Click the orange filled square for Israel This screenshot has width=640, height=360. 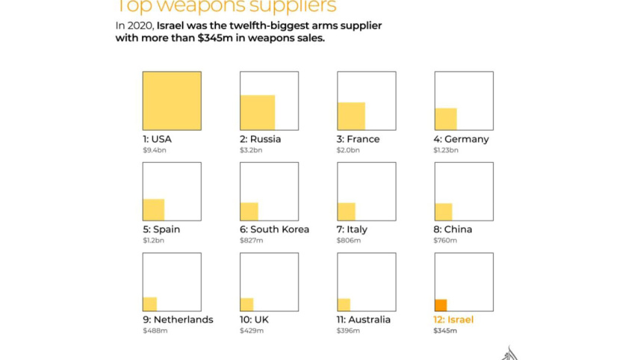(441, 305)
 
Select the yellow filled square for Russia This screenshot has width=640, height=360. (257, 113)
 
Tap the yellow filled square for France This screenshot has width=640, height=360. (351, 117)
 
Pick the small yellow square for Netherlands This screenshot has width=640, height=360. (149, 304)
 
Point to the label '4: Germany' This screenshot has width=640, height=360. (462, 139)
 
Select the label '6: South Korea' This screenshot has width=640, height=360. (274, 229)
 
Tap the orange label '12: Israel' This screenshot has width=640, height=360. (453, 320)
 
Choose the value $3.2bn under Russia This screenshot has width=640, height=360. (251, 150)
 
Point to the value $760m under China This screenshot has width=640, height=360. (445, 240)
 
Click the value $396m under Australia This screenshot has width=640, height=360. (349, 330)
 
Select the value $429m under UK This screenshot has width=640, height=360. (252, 330)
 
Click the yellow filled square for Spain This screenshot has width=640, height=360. (153, 210)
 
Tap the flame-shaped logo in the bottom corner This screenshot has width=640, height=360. (509, 353)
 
